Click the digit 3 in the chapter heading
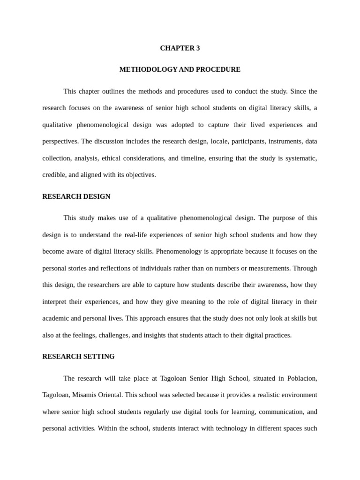[198, 48]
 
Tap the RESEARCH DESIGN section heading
[76, 196]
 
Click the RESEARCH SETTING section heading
[78, 357]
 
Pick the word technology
[220, 428]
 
